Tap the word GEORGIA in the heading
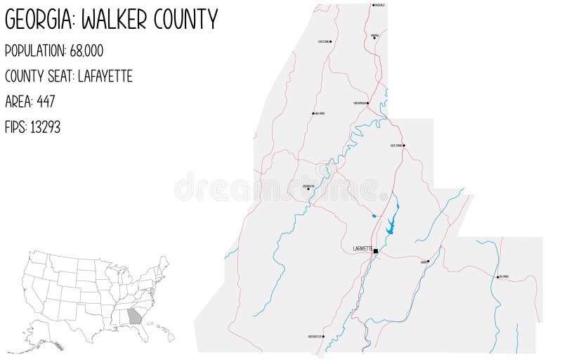point(39,20)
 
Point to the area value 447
point(43,101)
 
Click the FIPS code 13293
point(46,127)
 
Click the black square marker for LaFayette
point(376,250)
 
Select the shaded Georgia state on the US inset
point(134,316)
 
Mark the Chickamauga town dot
point(368,103)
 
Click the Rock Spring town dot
point(404,146)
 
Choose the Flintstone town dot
point(331,41)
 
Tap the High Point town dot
point(313,112)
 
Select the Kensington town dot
point(308,188)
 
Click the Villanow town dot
point(497,277)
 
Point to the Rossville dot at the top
point(373,5)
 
